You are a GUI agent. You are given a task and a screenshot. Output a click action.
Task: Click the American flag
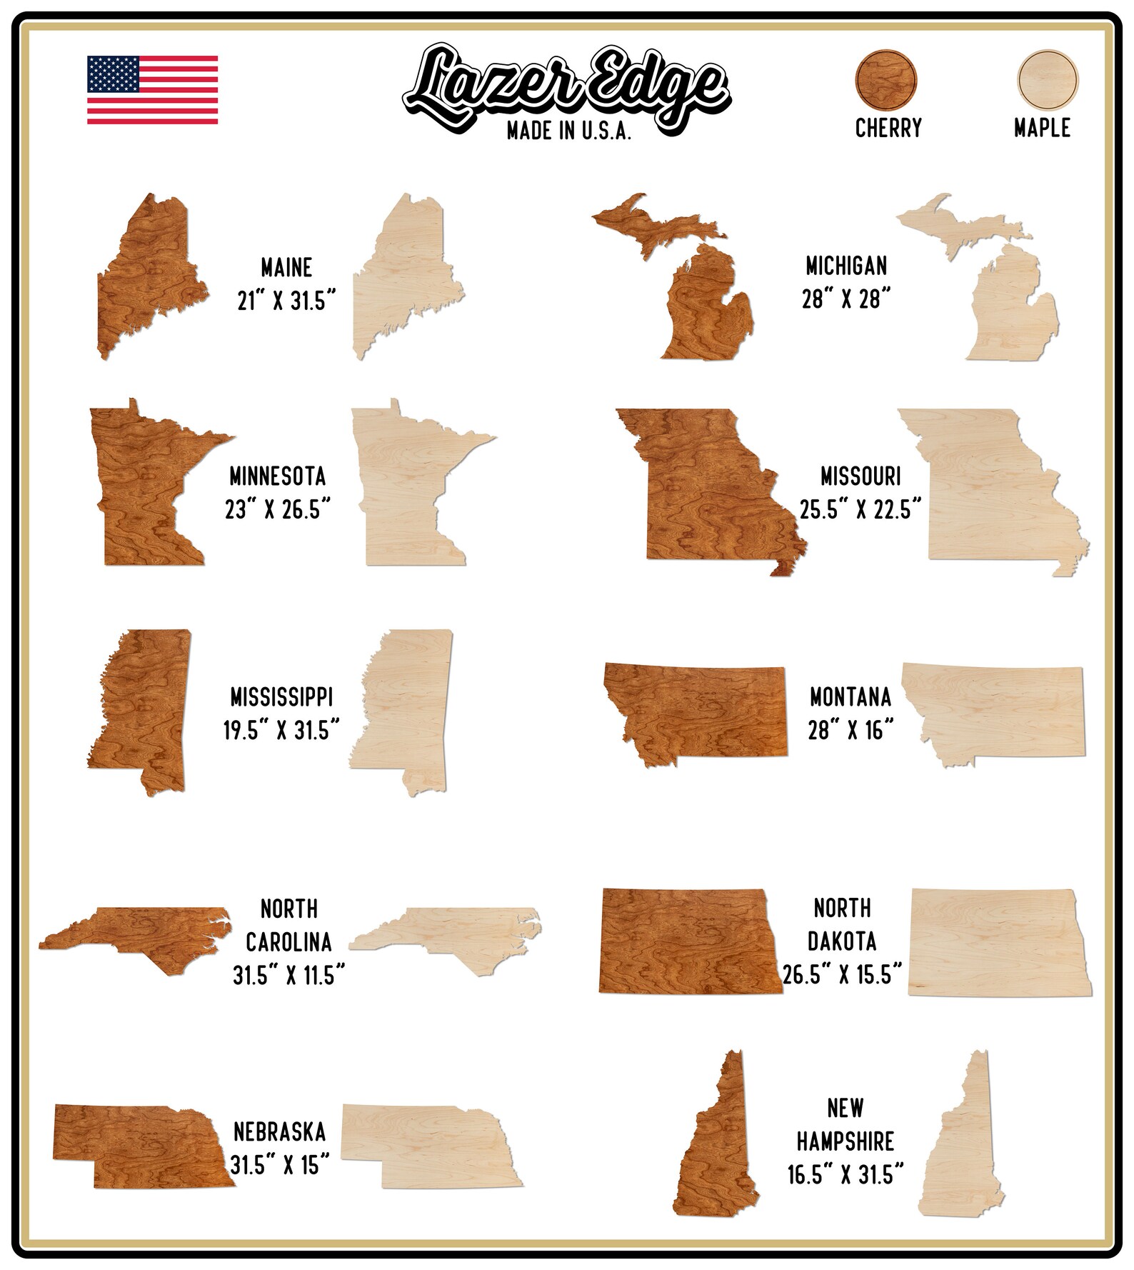point(152,89)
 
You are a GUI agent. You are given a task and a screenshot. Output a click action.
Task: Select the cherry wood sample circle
point(887,80)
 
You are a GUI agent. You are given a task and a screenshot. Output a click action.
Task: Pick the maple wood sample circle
point(1047,80)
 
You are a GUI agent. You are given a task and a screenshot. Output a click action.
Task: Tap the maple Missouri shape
point(989,486)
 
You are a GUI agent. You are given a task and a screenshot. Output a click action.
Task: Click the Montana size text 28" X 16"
point(850,730)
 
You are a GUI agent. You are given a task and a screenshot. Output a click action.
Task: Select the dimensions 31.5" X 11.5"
point(288,975)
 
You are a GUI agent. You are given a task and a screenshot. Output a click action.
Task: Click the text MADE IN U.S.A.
point(568,131)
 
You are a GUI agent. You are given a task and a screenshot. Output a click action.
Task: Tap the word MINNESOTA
point(278,476)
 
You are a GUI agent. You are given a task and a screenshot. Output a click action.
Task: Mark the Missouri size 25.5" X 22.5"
point(860,510)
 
